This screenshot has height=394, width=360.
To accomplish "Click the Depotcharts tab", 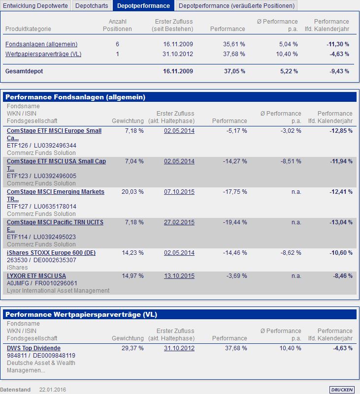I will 92,6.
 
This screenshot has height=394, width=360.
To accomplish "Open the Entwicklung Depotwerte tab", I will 36,6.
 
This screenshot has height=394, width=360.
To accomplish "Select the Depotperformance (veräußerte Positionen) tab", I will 237,6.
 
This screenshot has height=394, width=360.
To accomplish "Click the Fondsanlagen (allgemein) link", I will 41,44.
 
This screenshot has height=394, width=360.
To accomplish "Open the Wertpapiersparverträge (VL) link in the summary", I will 43,54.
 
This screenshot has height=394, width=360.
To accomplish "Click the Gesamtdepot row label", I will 24,71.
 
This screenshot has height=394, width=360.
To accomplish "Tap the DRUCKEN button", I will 342,390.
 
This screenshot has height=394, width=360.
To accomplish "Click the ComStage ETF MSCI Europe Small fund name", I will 54,131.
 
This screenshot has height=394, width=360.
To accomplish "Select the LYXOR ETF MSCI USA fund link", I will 36,276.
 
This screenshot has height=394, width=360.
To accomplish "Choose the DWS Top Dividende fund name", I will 33,348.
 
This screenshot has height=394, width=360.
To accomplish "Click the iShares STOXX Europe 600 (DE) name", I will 51,253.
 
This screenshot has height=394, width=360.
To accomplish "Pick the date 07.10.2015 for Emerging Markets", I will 179,192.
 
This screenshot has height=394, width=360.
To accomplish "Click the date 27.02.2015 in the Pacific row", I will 179,222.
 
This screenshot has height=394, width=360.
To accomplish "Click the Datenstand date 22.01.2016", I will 53,390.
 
